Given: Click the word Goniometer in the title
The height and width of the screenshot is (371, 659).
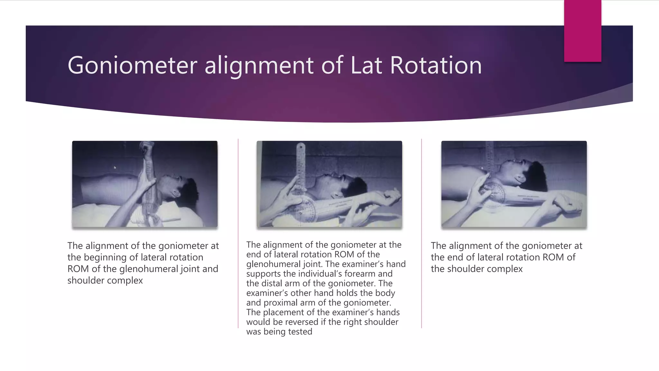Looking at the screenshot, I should click(x=132, y=65).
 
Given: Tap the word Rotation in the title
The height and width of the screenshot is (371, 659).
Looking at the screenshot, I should click(x=436, y=65).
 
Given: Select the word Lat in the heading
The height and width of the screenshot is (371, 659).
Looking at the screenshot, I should click(x=366, y=65).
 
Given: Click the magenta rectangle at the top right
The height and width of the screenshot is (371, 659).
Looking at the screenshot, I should click(x=582, y=31).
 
